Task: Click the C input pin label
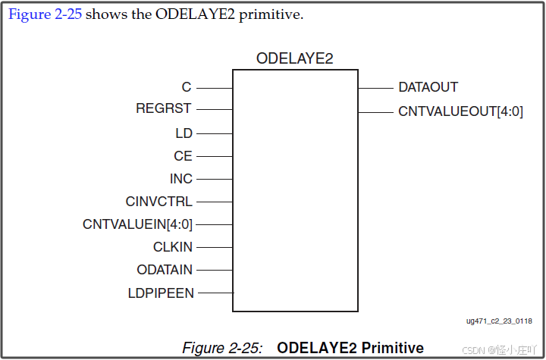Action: [187, 88]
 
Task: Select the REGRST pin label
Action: [164, 109]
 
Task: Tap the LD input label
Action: [184, 133]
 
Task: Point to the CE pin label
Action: [183, 156]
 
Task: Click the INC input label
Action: [181, 179]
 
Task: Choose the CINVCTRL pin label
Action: [159, 202]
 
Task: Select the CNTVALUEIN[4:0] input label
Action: [137, 224]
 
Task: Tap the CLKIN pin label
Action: [173, 247]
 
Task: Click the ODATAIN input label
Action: [165, 270]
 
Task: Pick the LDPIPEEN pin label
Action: [162, 293]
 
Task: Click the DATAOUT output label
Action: [428, 88]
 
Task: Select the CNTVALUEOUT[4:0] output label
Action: [460, 112]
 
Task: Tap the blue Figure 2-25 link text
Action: [44, 15]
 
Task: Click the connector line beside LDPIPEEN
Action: [215, 293]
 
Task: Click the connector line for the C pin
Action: [214, 88]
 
